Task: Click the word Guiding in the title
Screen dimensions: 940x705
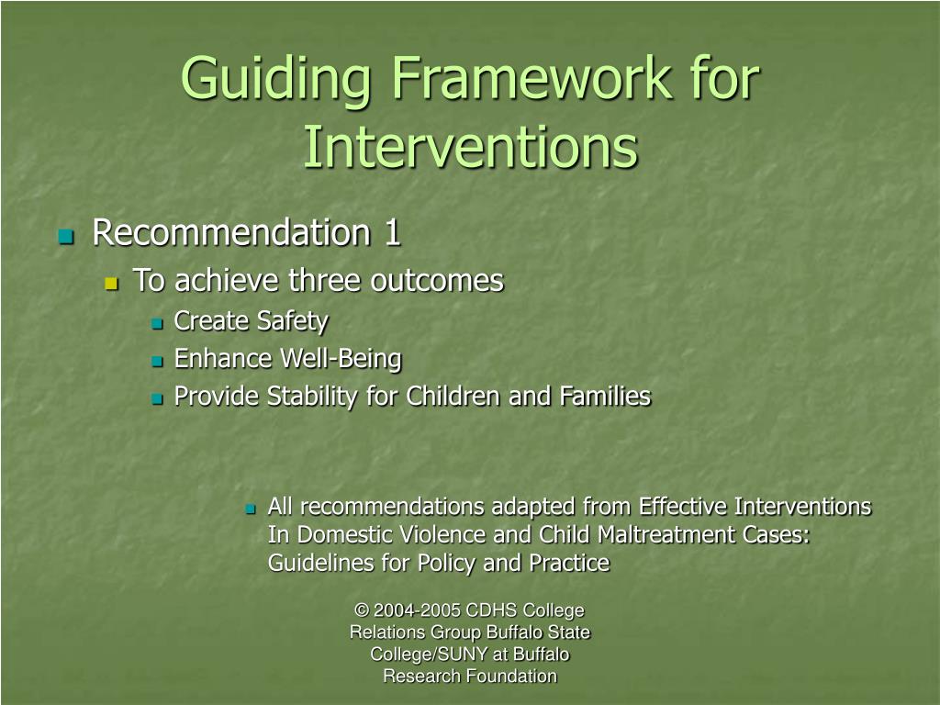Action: click(x=275, y=81)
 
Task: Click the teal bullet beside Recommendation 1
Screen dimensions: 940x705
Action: click(x=66, y=236)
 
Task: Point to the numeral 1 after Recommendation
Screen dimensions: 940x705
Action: click(x=392, y=232)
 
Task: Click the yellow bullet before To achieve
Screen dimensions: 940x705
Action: click(x=111, y=283)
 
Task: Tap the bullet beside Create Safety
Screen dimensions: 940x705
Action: click(x=157, y=324)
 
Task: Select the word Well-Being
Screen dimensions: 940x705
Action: click(x=341, y=359)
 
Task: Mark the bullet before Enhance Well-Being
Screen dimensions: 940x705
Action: click(x=157, y=361)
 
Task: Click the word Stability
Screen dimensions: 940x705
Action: click(x=312, y=397)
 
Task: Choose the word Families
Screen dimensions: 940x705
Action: click(x=605, y=397)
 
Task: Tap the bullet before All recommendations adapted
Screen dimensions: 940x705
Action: click(x=251, y=509)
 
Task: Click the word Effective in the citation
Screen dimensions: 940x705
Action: click(x=683, y=507)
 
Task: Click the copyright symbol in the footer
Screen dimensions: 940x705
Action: click(x=362, y=610)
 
